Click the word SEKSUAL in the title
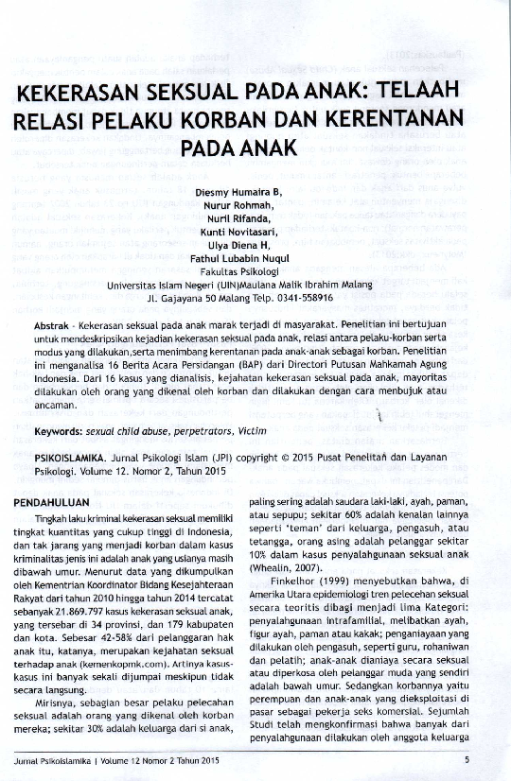(189, 95)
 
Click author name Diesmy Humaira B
(238, 192)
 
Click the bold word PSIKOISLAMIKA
(67, 456)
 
